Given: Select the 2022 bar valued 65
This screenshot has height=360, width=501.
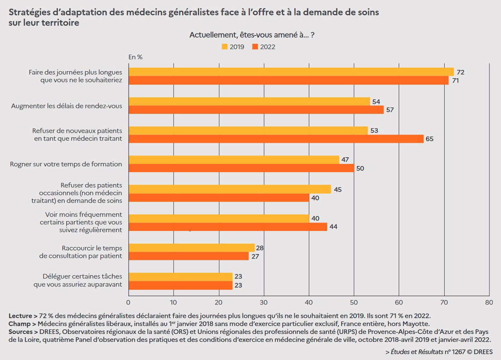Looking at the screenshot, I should click(x=276, y=139).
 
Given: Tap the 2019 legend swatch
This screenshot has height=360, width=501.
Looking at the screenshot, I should click(x=225, y=47).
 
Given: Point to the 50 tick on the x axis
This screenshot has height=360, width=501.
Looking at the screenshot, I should click(x=354, y=302).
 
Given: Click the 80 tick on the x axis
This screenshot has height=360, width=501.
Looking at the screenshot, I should click(x=489, y=302).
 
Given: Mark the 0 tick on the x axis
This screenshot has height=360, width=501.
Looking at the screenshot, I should click(x=128, y=302).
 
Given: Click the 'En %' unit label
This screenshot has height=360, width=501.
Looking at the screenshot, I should click(x=135, y=57).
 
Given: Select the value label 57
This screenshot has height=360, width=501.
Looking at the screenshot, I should click(x=390, y=110).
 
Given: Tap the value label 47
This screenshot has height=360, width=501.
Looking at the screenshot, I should click(x=345, y=159).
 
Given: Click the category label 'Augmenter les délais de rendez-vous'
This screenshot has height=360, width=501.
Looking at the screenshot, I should click(x=66, y=106).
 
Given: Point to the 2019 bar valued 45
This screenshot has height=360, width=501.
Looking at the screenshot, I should click(x=229, y=189).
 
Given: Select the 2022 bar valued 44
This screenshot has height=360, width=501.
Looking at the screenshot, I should click(x=228, y=227).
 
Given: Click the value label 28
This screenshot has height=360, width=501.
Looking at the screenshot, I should click(x=260, y=248).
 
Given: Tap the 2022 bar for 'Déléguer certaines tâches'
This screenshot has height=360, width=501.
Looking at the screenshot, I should click(x=181, y=285).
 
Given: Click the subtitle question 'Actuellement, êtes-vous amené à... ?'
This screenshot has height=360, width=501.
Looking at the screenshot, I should click(x=252, y=35).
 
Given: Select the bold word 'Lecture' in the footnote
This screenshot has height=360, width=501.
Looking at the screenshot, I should click(x=20, y=316).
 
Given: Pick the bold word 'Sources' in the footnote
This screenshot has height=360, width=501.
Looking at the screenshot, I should click(x=20, y=332).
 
